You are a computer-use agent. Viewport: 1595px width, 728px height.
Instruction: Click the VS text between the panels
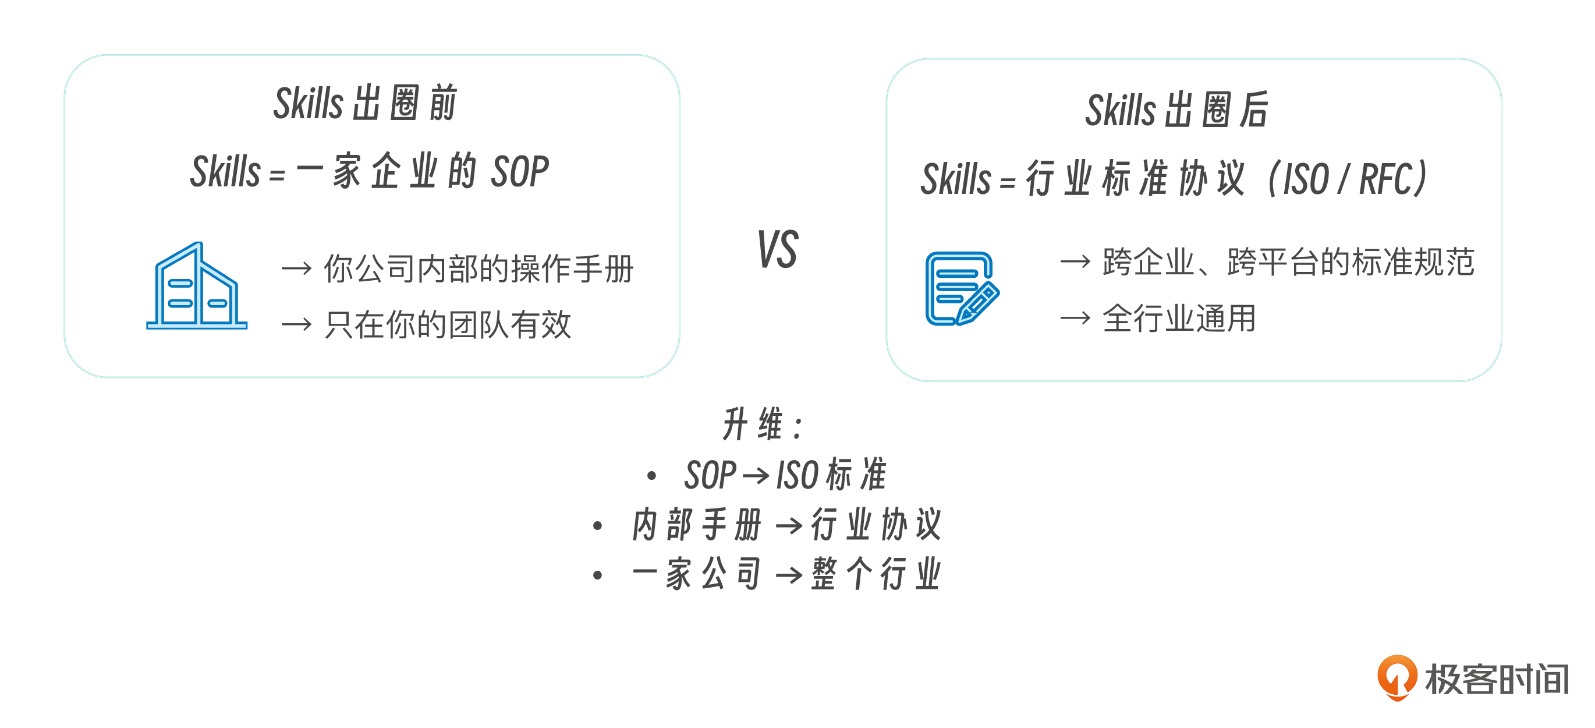point(778,249)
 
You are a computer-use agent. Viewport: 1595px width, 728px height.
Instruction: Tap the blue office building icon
point(197,285)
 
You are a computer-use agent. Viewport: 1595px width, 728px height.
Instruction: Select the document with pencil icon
point(962,289)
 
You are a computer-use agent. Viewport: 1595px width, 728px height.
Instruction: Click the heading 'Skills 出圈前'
point(366,103)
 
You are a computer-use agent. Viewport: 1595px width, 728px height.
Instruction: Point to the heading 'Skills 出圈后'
point(1177,109)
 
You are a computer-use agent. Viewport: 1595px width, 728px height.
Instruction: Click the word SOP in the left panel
point(519,172)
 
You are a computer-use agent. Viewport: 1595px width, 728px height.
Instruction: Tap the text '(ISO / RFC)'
point(1348,178)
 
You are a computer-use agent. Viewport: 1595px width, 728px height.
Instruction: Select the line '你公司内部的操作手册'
point(478,268)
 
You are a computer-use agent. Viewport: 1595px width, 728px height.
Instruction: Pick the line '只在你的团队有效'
point(448,324)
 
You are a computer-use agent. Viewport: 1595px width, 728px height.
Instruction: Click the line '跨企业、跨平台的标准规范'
point(1288,261)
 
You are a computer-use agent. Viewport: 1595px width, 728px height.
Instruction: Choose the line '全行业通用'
point(1179,318)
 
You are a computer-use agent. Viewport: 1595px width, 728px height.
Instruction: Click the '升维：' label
point(763,425)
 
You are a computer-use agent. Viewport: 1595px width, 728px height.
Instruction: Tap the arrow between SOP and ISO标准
point(756,476)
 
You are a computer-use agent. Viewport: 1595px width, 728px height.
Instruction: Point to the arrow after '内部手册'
point(789,526)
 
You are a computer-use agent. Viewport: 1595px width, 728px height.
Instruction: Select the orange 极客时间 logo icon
point(1397,677)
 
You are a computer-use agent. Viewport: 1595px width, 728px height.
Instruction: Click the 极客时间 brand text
point(1497,678)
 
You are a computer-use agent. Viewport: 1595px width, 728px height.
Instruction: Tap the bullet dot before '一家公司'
point(597,575)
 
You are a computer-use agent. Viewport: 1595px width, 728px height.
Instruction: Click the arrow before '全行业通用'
point(1076,319)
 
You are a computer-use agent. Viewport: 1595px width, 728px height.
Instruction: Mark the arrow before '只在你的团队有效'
point(296,324)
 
